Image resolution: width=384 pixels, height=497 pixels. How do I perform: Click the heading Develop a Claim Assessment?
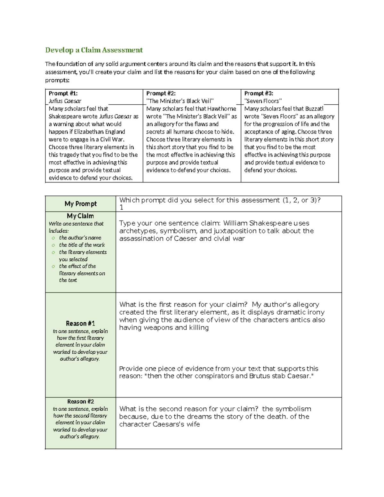94,50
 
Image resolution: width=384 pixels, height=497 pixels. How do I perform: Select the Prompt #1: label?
63,93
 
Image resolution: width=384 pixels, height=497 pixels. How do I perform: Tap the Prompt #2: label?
161,93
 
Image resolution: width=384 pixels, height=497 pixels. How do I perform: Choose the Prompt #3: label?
259,93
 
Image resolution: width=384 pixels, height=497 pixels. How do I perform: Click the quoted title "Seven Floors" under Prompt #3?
263,101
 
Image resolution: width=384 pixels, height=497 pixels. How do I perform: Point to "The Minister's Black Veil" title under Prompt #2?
180,101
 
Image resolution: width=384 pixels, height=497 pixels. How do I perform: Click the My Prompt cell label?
81,204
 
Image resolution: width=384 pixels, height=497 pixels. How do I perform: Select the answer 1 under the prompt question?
121,207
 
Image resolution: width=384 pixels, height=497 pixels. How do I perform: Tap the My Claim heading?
80,216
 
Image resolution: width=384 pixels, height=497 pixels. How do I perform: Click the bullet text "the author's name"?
80,238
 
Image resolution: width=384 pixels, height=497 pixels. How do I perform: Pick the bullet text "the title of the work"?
82,245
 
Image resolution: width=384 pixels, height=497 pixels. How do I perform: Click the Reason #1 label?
80,324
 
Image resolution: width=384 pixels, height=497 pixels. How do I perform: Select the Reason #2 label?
80,402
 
